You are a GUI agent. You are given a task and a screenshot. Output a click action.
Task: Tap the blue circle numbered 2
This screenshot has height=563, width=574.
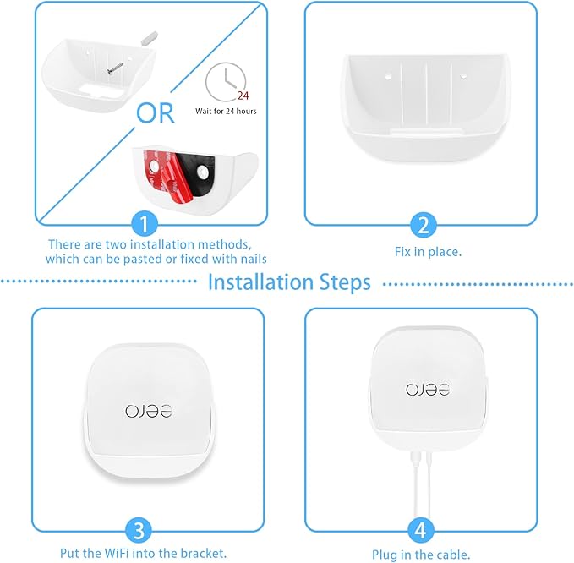[x=422, y=225]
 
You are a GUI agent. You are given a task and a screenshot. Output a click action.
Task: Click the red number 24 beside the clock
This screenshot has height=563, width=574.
[x=245, y=96]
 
